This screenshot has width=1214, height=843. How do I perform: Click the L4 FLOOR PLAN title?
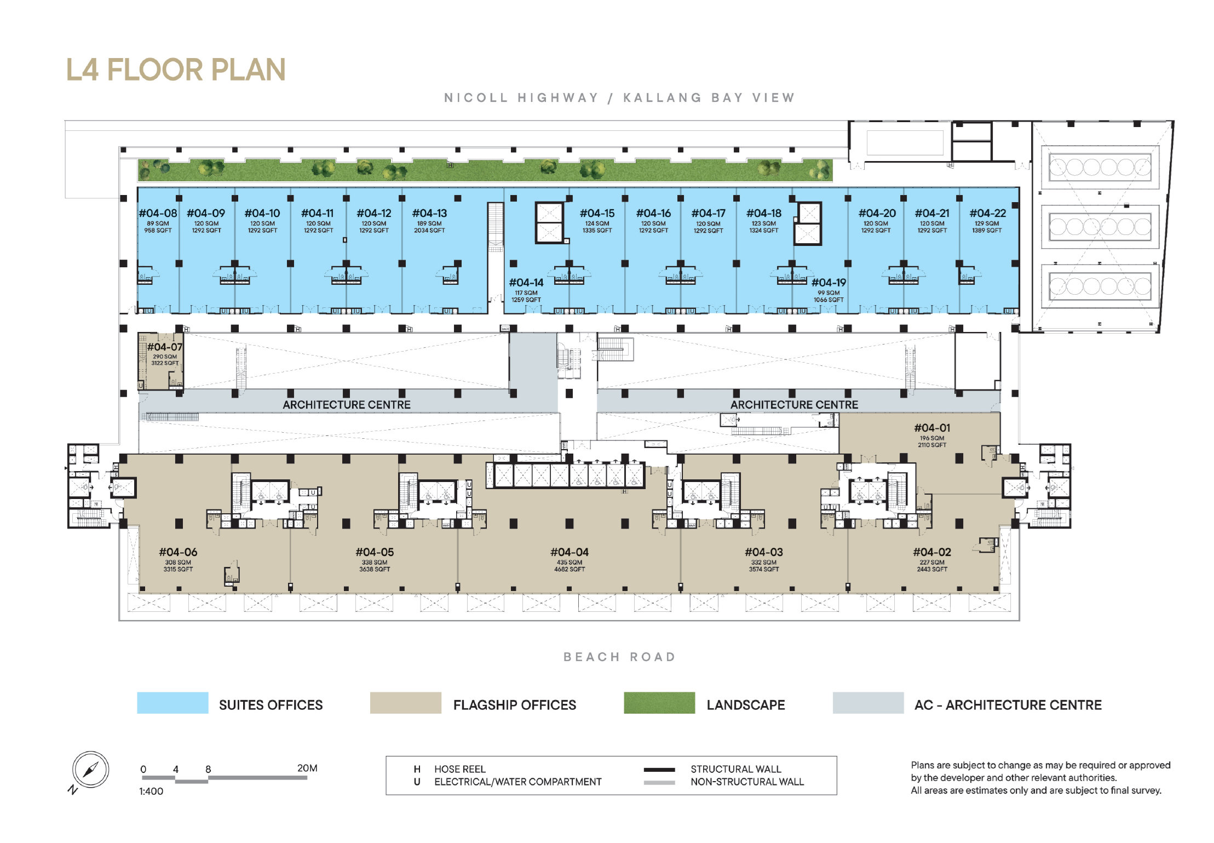point(176,70)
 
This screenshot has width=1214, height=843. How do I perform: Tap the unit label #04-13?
point(429,213)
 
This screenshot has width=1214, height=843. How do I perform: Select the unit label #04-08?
point(158,213)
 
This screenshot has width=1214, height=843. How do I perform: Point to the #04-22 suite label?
point(987,213)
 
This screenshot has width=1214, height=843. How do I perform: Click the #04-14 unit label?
point(526,283)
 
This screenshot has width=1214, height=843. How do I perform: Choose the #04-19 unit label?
point(828,283)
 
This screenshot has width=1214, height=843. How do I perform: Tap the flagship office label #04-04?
point(569,552)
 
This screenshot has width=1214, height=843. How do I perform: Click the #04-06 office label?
point(178,552)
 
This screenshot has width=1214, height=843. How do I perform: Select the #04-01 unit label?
point(932,428)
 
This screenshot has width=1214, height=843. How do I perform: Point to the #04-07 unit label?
point(164,347)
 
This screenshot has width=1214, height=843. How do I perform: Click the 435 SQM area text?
point(569,563)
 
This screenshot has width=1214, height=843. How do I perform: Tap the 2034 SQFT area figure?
point(429,231)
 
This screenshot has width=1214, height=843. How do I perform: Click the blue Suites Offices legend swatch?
point(172,703)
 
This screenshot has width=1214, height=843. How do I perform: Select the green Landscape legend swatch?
point(659,703)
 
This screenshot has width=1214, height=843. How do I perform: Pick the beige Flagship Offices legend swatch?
point(406,703)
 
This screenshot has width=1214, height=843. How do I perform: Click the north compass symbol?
point(90,770)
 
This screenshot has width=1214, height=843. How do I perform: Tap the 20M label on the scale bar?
point(307,768)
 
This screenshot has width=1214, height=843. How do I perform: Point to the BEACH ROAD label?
point(619,657)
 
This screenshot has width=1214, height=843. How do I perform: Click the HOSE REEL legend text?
point(460,769)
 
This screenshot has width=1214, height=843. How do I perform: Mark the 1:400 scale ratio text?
point(151,791)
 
